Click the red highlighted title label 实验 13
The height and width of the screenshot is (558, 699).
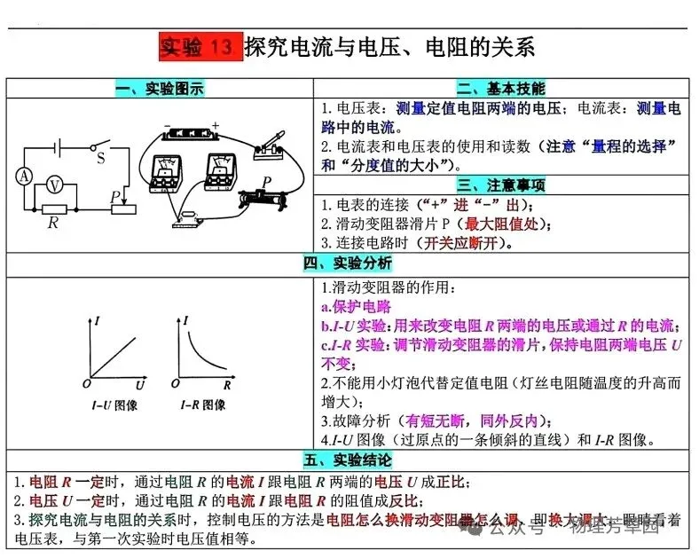point(200,45)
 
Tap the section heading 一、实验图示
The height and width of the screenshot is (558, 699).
point(160,89)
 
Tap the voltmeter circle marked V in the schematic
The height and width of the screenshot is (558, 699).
point(55,185)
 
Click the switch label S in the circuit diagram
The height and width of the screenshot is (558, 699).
point(100,159)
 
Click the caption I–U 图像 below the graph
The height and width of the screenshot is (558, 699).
point(114,405)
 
